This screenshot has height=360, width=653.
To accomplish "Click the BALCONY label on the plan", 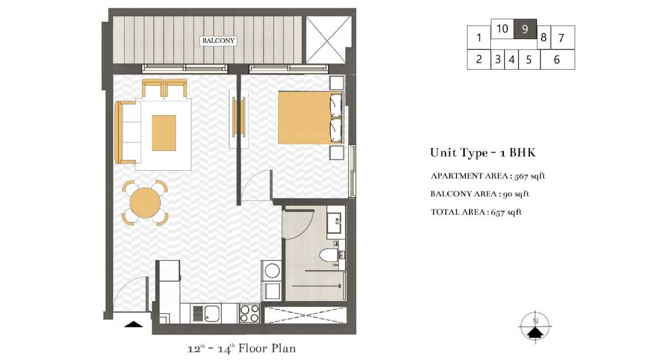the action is (x=218, y=41).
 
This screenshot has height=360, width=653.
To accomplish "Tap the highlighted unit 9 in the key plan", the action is (x=525, y=29).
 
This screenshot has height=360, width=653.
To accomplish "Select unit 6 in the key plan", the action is (x=557, y=59).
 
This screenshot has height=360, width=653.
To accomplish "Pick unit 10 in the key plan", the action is (x=502, y=29).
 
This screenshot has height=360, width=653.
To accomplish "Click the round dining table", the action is (x=145, y=202).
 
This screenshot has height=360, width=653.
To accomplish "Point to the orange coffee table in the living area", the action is (x=164, y=133).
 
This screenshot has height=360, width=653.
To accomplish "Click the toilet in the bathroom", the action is (x=329, y=256).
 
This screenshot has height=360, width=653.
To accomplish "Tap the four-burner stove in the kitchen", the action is (x=249, y=313).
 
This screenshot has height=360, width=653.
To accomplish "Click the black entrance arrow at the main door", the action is (x=133, y=324).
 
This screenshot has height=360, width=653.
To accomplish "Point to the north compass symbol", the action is (x=535, y=326).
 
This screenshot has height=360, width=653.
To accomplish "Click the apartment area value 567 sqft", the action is (x=529, y=176).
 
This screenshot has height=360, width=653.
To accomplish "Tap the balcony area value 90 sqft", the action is (x=516, y=194).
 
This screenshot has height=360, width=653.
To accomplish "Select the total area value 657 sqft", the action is (x=506, y=212).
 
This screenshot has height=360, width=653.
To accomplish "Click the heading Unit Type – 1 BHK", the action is (x=483, y=153).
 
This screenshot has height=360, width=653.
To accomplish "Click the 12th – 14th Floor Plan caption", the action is (x=242, y=349).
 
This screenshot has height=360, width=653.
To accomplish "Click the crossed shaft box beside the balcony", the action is (x=329, y=40).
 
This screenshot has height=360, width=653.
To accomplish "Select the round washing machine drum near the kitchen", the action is (x=272, y=271).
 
